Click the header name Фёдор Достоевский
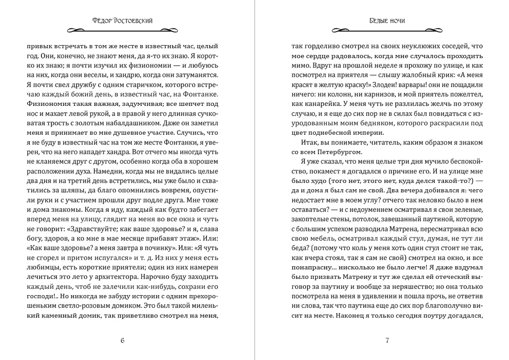tap(123, 20)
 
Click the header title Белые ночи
tap(387, 20)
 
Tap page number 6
tap(123, 340)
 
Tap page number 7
tap(387, 340)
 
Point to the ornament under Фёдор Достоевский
tap(123, 31)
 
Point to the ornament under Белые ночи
tap(387, 31)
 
